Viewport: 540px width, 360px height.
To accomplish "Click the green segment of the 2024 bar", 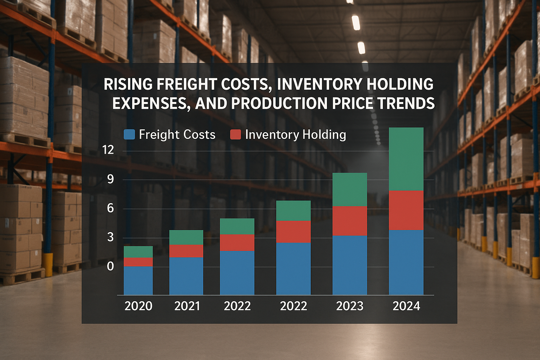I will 406,159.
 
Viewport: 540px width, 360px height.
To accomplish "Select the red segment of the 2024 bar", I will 406,210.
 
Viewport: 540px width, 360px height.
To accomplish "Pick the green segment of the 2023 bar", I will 349,189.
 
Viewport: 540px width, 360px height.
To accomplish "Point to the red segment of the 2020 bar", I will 138,262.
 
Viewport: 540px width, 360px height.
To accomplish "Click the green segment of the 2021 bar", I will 186,237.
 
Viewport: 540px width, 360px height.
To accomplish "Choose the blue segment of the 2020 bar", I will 138,280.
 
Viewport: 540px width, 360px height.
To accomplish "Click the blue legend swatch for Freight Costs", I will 129,135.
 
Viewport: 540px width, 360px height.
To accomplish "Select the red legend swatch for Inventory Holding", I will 236,135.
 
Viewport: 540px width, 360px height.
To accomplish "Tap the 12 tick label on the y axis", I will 108,150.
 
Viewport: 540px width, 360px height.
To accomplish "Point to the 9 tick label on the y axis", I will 110,179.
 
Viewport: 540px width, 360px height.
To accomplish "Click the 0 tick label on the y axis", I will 110,266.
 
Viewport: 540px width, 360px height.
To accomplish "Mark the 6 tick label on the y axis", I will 110,208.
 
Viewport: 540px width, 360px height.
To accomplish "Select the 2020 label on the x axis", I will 138,306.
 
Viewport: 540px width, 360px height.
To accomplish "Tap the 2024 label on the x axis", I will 406,306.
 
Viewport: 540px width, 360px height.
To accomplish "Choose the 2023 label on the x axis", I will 349,306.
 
